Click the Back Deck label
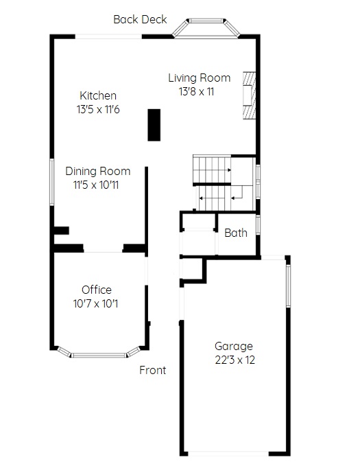pos(140,19)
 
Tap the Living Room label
pos(200,78)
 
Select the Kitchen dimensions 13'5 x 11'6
pos(98,109)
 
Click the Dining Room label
pos(97,171)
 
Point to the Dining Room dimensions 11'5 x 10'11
pos(96,185)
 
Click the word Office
pos(97,290)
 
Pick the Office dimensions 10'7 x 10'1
pos(95,303)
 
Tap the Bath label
pos(236,233)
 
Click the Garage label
pos(234,346)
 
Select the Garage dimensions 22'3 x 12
pos(235,360)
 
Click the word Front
pos(152,370)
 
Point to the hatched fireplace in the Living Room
pos(250,95)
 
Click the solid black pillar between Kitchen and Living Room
pos(154,125)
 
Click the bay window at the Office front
pos(99,354)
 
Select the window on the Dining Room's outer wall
pos(52,182)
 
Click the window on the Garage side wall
pos(288,286)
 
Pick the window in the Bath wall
pos(258,224)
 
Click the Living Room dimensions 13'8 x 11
pos(196,91)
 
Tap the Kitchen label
pos(98,95)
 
